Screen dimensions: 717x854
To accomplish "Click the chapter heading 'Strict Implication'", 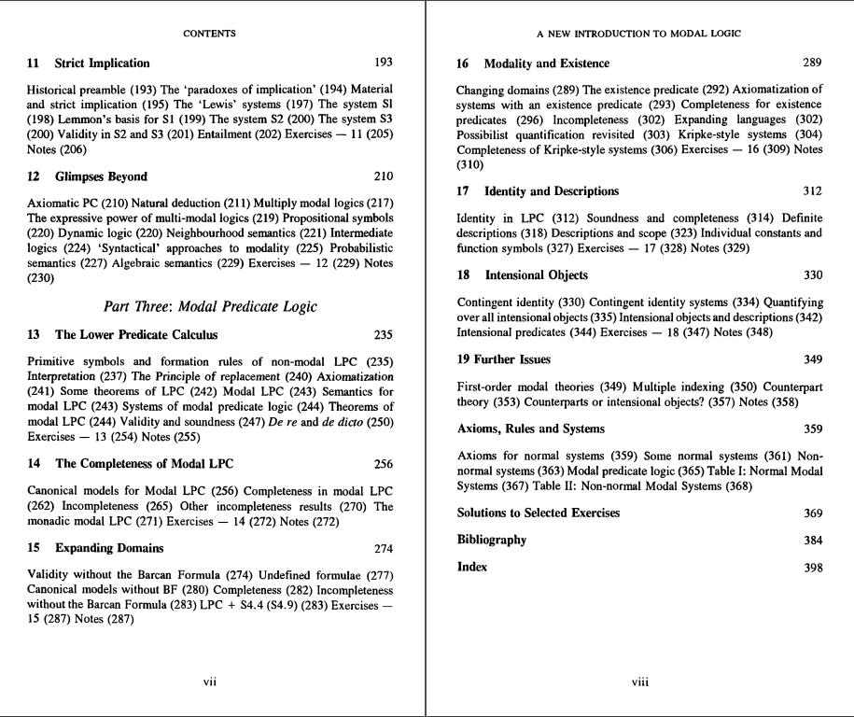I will point(102,63).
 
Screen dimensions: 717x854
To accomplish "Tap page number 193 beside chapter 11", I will point(383,63).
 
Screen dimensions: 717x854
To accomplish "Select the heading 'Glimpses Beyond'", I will point(101,176).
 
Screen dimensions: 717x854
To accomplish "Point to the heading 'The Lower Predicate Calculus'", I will point(136,335).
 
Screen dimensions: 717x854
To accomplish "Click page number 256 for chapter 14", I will point(383,464).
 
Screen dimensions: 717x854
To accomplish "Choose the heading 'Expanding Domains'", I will point(109,548).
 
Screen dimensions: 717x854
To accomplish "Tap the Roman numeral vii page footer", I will point(210,682).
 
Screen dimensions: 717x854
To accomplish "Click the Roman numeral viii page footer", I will point(639,682).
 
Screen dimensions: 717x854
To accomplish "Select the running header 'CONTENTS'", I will point(209,34).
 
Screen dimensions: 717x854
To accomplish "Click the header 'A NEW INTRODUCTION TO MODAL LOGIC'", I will point(639,34).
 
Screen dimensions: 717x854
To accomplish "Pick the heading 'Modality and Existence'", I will point(546,63).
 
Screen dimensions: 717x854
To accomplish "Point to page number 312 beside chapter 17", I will point(812,191).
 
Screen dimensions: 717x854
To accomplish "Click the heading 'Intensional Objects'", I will point(536,275).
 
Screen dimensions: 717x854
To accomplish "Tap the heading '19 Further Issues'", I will point(504,359).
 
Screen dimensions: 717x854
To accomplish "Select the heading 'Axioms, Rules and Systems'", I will point(530,429).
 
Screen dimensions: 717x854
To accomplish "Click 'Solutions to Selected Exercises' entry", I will point(538,513).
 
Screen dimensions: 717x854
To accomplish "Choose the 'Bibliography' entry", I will point(491,540).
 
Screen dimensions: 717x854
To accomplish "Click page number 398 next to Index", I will point(812,568).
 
